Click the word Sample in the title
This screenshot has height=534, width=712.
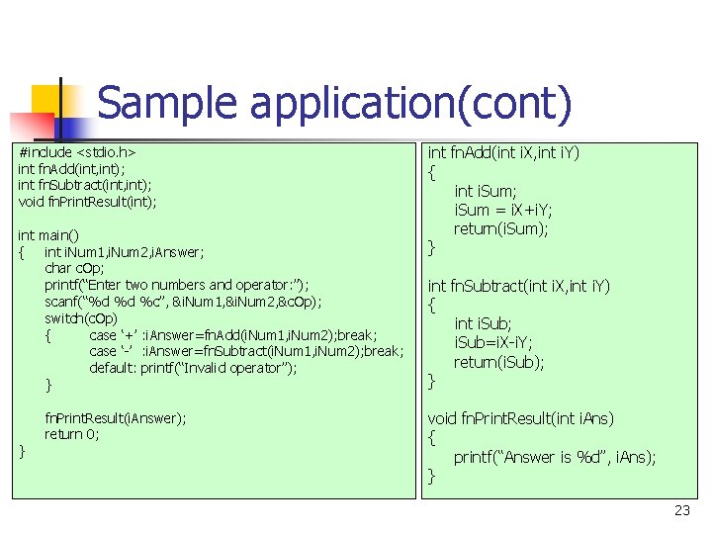(166, 104)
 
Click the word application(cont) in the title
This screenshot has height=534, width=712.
(406, 105)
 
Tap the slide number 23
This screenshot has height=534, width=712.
(681, 510)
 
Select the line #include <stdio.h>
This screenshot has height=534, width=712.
(77, 153)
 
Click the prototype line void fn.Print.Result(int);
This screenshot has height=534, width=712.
(87, 202)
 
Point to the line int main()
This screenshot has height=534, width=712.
(48, 235)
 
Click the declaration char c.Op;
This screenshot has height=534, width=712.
(74, 268)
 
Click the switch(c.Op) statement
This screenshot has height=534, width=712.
(81, 318)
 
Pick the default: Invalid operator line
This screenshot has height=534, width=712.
(193, 368)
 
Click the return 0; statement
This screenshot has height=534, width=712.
(71, 434)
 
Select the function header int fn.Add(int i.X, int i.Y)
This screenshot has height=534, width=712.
(502, 153)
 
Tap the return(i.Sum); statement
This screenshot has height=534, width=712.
(501, 228)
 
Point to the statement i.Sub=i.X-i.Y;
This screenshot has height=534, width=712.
(492, 342)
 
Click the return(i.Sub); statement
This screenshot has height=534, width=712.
(498, 362)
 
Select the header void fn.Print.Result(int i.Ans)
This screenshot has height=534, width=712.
(520, 418)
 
